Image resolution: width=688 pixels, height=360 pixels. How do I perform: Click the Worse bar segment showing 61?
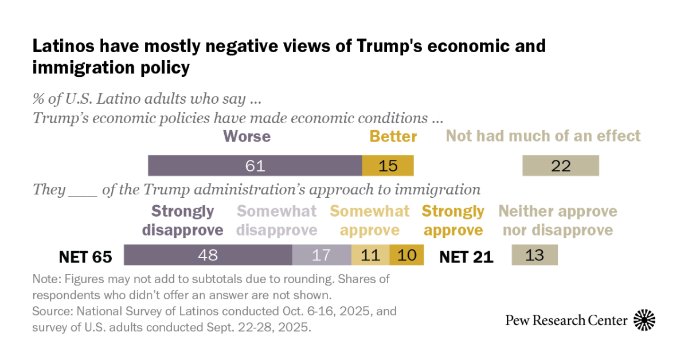255,166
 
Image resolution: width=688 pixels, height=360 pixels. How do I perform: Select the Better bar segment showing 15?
388,166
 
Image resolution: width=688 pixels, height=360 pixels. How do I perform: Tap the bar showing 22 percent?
560,166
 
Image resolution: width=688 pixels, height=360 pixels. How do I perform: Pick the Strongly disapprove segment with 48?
208,255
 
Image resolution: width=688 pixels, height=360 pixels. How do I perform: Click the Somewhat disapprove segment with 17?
322,255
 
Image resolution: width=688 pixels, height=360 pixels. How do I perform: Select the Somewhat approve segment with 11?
370,255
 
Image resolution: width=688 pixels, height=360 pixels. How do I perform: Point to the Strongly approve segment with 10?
406,255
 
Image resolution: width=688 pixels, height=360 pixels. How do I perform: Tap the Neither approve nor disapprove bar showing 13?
534,255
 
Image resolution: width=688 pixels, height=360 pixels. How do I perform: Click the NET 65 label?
85,256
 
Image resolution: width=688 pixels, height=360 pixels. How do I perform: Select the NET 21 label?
466,256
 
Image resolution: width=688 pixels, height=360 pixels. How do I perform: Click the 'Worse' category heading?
247,136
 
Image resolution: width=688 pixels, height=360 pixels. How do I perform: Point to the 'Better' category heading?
393,136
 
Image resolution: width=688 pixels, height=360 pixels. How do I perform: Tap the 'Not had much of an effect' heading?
543,136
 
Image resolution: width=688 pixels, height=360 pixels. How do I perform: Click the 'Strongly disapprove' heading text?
187,221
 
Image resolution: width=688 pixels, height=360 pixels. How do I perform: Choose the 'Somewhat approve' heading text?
370,221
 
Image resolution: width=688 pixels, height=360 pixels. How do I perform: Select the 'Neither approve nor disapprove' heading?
557,221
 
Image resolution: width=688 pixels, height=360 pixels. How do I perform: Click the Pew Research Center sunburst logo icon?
644,320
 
